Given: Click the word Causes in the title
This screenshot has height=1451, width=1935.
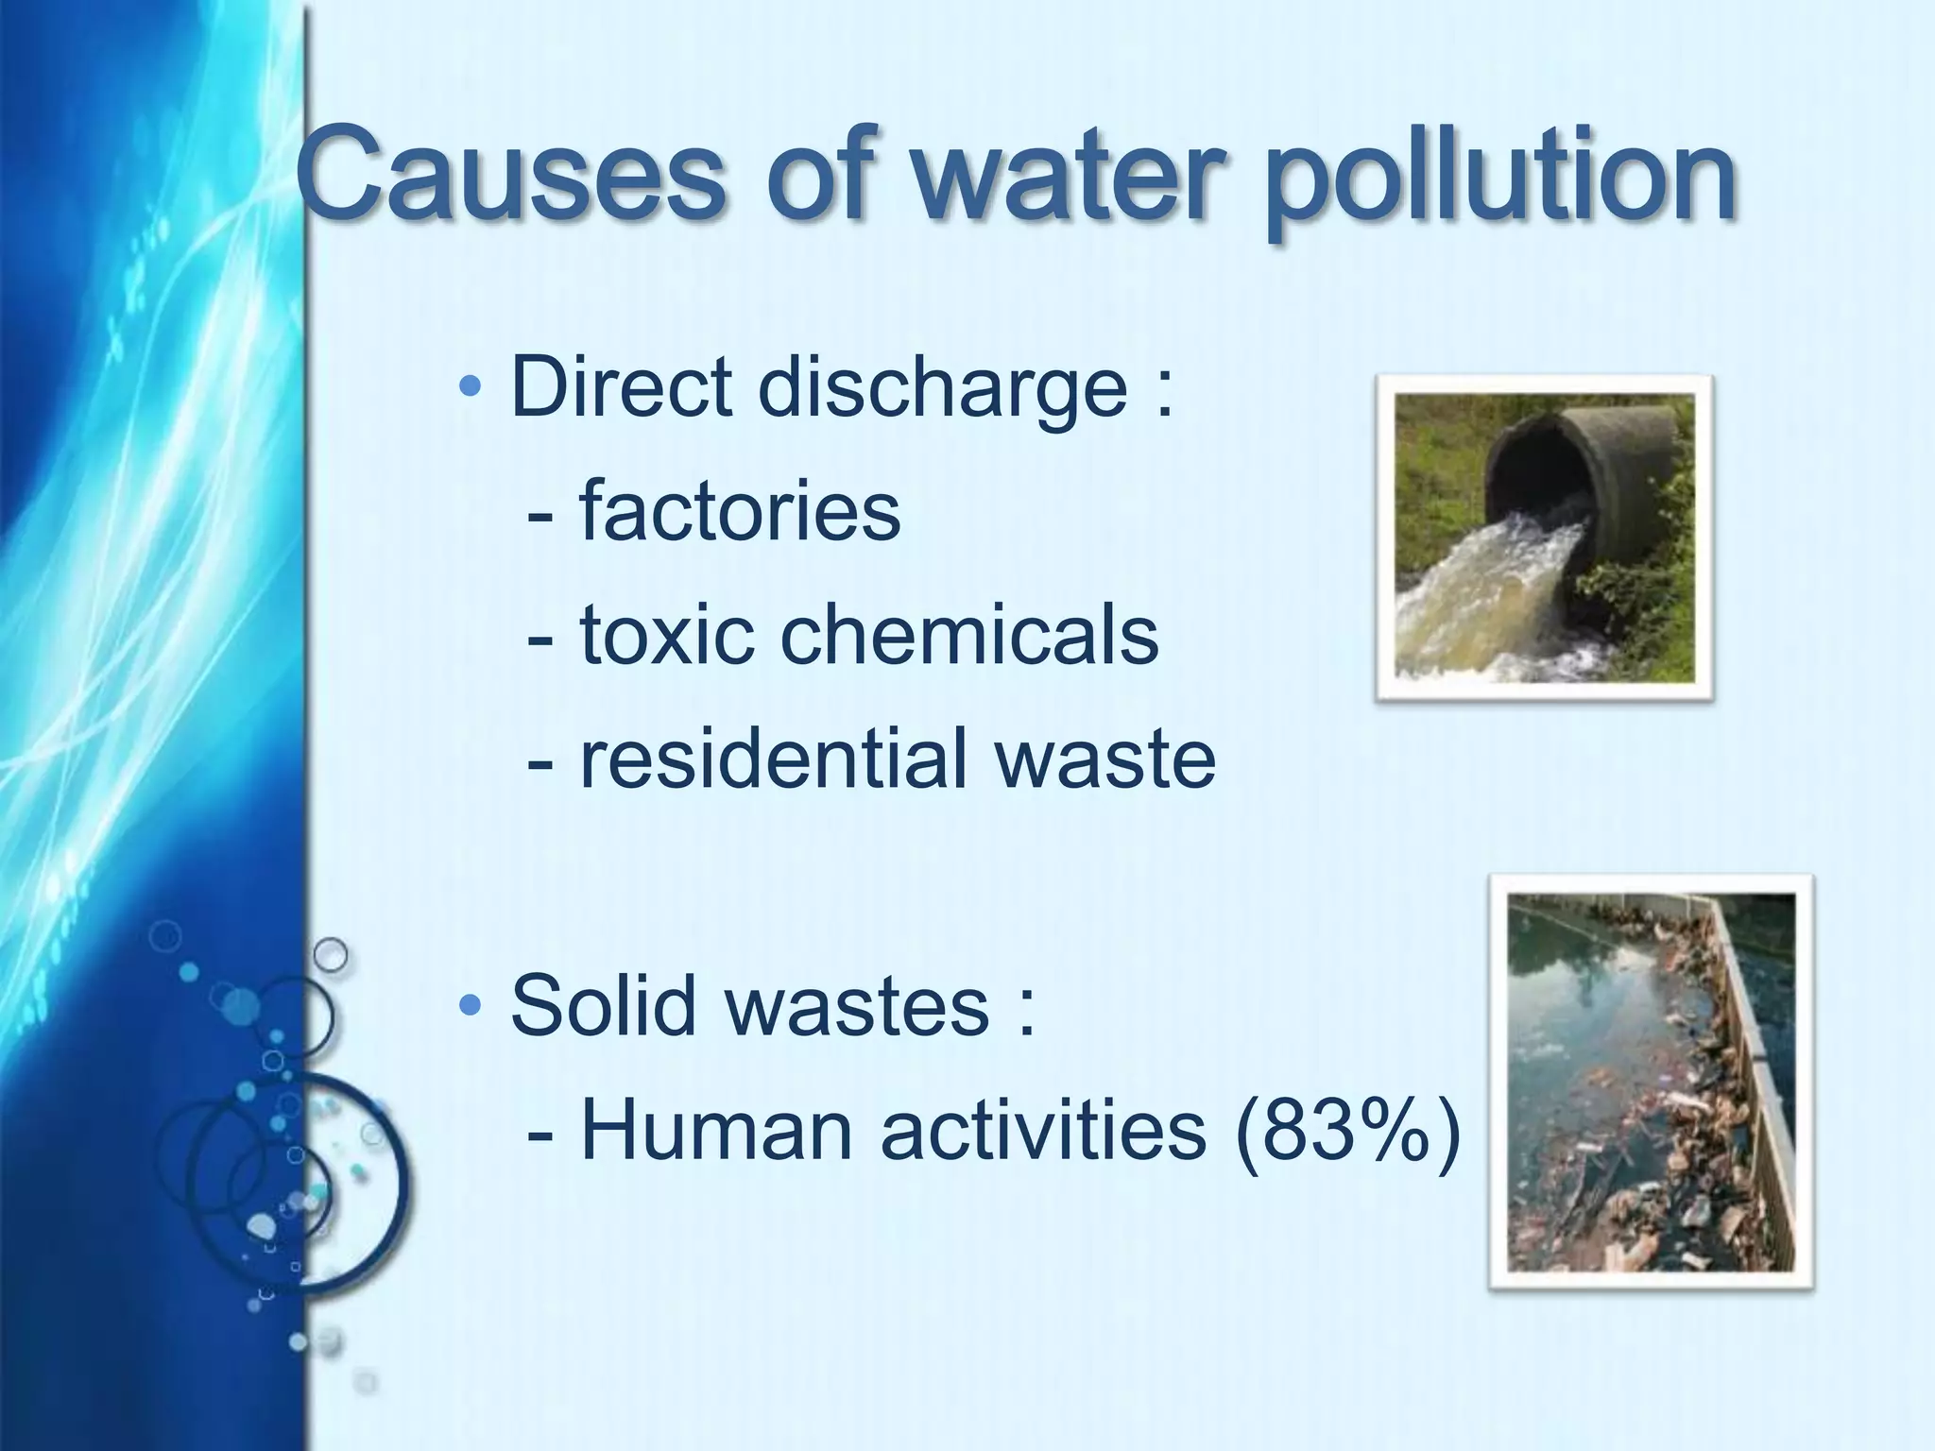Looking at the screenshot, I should tap(510, 177).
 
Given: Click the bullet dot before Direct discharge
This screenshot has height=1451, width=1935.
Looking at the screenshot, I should tap(470, 386).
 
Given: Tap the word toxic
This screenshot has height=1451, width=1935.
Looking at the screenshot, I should tap(666, 634).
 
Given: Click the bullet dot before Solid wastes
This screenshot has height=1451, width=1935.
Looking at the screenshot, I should tap(470, 1005).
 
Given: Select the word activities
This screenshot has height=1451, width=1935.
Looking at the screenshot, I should tap(1043, 1130).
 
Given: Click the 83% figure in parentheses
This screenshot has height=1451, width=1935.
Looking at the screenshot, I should tap(1346, 1130).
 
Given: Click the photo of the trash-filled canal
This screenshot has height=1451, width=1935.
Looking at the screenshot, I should tap(1651, 1082).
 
